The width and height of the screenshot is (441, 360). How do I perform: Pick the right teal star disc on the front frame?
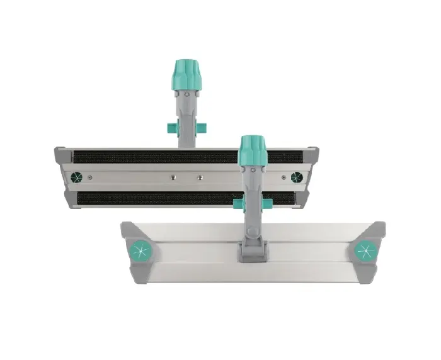click(x=365, y=250)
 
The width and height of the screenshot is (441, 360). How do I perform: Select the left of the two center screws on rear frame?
click(x=171, y=177)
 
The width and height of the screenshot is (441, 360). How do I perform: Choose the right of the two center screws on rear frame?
click(x=199, y=177)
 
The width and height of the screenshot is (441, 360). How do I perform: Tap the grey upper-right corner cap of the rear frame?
click(x=311, y=154)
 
